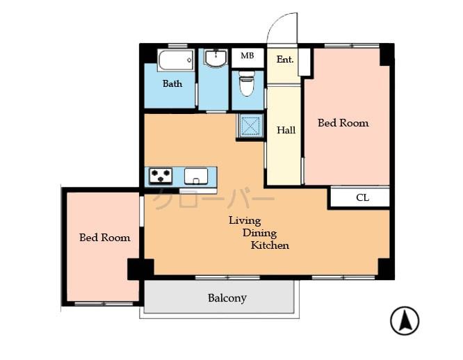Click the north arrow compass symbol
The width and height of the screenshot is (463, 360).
[x=404, y=321]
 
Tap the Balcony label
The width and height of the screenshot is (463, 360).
[x=227, y=298]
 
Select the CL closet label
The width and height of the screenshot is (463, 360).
[x=362, y=198]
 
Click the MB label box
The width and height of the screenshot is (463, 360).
[x=247, y=56]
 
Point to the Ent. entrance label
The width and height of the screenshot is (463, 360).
[x=285, y=60]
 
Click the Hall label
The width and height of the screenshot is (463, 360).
[x=286, y=130]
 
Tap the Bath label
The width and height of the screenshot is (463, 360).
[x=172, y=84]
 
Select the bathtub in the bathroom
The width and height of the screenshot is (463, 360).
[x=176, y=60]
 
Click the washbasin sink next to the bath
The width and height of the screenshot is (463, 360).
[x=216, y=58]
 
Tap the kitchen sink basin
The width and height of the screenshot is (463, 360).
[x=195, y=177]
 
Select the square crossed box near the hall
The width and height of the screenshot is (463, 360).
[x=250, y=126]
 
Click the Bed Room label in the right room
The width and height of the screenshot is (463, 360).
[x=343, y=123]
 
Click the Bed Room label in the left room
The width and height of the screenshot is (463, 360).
[x=104, y=238]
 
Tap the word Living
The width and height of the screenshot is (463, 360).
[x=245, y=220]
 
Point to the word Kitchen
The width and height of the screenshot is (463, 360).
[x=270, y=245]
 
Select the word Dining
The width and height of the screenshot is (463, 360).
[x=258, y=233]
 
